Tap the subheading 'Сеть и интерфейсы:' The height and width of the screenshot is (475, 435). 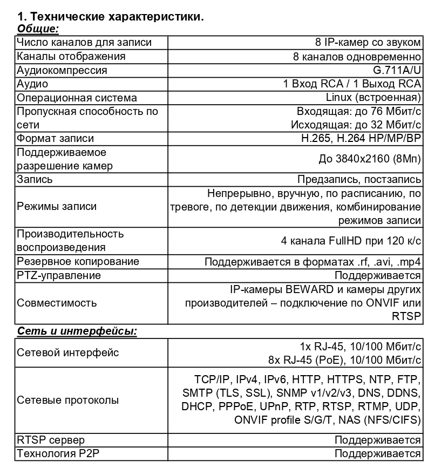(x=77, y=331)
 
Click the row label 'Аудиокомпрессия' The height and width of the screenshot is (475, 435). (x=62, y=70)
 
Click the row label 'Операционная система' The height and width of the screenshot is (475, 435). (x=77, y=98)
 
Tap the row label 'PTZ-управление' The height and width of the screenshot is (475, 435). (x=59, y=275)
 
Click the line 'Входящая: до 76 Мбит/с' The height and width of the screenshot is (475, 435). (x=359, y=112)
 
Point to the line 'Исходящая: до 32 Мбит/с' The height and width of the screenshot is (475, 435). (x=356, y=125)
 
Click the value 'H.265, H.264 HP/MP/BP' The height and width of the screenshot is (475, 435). (x=361, y=139)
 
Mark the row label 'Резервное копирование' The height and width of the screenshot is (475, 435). (x=78, y=262)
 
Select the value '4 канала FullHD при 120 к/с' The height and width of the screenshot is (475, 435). (x=351, y=241)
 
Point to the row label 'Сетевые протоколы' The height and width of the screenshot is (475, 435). (x=68, y=401)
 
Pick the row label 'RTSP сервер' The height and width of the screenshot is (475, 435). (x=51, y=440)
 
